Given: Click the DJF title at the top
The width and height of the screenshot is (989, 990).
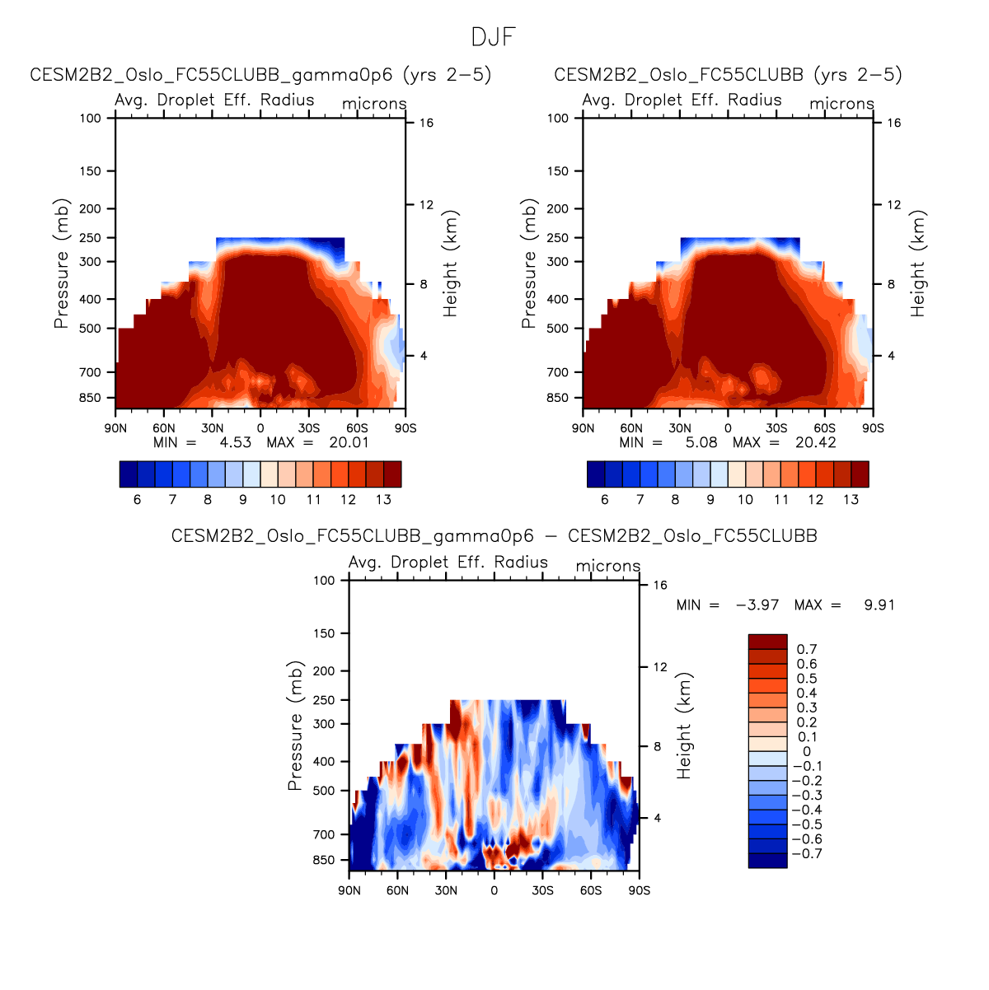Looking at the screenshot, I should pos(494,38).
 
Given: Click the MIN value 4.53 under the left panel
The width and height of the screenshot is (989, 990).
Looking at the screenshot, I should pos(235,442).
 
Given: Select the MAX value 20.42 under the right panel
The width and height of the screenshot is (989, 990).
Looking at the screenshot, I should pos(816,442).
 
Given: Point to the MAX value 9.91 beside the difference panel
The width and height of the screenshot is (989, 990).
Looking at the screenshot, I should pos(879,605).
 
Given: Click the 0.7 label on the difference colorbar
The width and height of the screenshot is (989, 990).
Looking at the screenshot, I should pos(807,650).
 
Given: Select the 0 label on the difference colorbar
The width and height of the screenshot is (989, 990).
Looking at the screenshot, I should pos(806,752).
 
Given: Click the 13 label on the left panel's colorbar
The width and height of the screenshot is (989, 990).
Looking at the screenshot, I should pos(383,500).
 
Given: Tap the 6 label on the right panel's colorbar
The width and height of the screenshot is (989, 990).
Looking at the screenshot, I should pos(605,500).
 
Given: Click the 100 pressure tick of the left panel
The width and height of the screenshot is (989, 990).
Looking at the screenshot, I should pos(91,119).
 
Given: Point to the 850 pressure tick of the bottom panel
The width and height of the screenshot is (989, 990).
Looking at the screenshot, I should pos(325,861).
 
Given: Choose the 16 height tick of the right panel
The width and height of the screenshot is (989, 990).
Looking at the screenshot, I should pos(893,124).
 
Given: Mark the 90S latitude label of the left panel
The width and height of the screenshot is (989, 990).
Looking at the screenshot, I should pos(405,428).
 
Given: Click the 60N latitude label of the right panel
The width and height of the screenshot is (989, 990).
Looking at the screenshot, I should pos(631,428).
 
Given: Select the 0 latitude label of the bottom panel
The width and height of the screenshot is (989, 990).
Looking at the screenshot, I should pos(494,891).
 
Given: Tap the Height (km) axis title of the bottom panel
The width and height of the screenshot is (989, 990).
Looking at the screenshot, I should pos(684,726).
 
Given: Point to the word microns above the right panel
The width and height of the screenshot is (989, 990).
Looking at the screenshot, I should pos(841,104).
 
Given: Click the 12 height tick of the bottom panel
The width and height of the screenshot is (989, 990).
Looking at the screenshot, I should pos(660,667).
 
